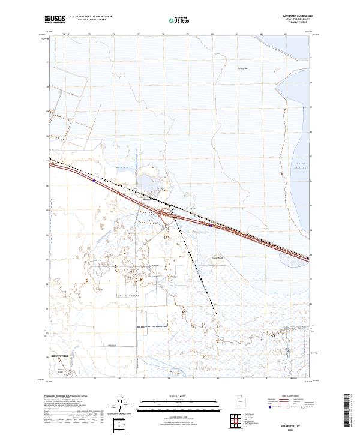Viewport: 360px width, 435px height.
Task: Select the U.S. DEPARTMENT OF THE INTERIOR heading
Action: pyautogui.click(x=91, y=17)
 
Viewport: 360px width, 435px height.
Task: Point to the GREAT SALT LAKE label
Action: pyautogui.click(x=301, y=166)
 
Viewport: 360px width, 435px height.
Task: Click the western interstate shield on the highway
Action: pyautogui.click(x=94, y=178)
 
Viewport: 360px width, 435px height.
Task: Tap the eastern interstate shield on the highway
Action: pyautogui.click(x=211, y=226)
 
